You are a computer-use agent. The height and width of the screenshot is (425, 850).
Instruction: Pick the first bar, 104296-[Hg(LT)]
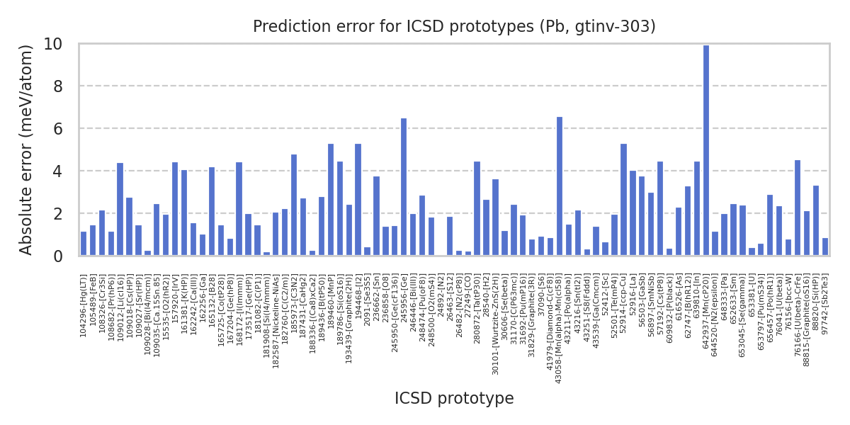click(84, 244)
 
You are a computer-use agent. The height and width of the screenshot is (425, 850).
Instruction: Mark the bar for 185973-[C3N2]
click(294, 205)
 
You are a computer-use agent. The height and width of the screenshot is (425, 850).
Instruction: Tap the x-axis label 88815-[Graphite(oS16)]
click(807, 319)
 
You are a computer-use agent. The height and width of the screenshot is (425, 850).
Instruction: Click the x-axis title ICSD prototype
click(454, 399)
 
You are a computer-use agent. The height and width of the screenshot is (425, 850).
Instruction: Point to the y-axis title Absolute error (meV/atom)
click(27, 149)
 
